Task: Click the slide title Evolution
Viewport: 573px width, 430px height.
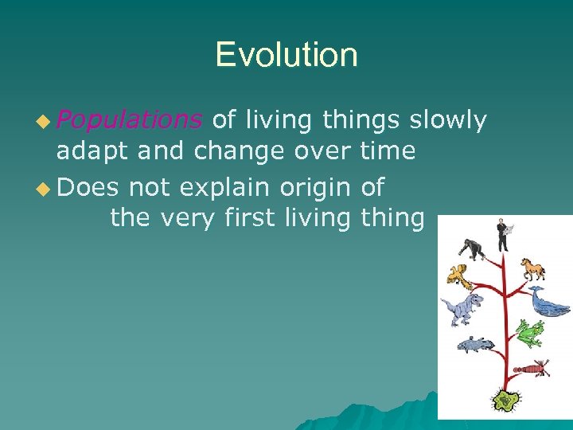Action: [286, 55]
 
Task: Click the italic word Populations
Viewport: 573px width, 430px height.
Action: [129, 120]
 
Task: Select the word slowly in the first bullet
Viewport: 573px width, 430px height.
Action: [447, 120]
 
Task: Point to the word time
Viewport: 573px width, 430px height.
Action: [387, 150]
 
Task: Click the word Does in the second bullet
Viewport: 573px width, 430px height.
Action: [88, 188]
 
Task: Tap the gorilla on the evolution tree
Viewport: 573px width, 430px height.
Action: [471, 248]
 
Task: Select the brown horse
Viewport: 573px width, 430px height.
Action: [532, 268]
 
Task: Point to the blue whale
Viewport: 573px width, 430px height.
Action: [549, 303]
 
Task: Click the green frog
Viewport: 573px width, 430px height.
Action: [529, 331]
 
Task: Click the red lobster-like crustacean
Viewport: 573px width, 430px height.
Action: [530, 368]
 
